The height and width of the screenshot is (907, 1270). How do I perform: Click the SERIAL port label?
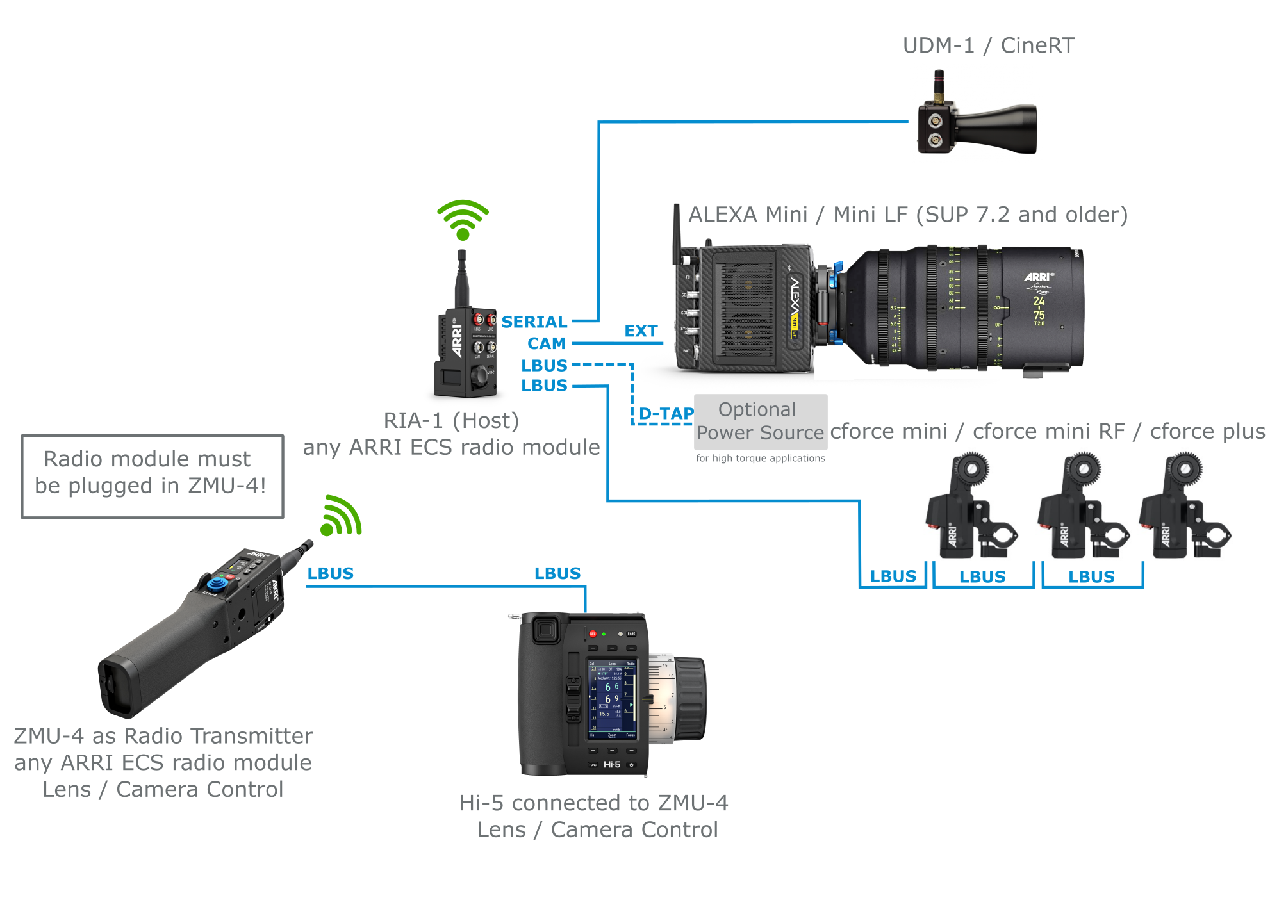click(534, 322)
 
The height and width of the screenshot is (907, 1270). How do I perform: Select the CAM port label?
click(547, 343)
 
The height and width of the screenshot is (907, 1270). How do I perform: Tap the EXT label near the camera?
click(641, 331)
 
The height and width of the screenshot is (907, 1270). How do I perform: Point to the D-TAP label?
click(666, 413)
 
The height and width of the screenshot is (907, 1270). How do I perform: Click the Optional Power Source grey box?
click(760, 421)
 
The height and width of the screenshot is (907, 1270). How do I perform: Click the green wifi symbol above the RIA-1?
click(463, 219)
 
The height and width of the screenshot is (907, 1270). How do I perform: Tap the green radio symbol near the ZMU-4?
click(341, 516)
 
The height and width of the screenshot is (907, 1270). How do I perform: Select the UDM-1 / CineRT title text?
click(988, 45)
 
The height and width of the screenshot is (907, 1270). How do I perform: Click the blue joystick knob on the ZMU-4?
click(216, 584)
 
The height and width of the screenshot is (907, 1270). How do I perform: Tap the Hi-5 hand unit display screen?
click(612, 698)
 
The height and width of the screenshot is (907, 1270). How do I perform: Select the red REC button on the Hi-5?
click(593, 633)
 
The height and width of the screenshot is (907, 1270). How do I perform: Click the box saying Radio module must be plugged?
click(152, 476)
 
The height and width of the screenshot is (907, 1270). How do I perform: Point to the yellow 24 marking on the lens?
click(1039, 300)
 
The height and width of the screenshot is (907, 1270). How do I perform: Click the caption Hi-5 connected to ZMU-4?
click(593, 803)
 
